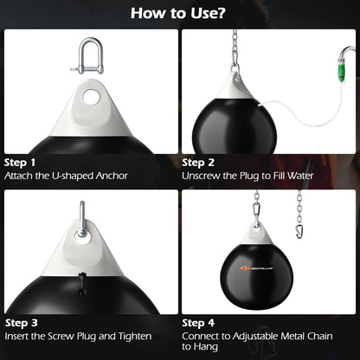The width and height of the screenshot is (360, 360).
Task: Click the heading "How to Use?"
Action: click(x=179, y=13)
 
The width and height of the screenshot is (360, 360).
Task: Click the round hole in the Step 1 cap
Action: click(x=90, y=97)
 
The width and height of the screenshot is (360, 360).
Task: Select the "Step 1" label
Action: click(x=20, y=162)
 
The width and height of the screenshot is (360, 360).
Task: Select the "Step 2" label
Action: click(x=199, y=162)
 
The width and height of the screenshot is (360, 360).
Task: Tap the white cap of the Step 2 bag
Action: click(x=235, y=84)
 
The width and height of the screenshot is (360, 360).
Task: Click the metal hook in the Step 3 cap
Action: click(x=81, y=217)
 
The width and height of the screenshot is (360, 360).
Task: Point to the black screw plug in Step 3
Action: click(x=83, y=283)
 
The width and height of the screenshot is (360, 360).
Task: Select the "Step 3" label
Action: click(x=20, y=321)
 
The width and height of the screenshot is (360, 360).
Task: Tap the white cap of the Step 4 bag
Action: click(x=257, y=236)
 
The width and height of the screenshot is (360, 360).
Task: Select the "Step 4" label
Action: click(x=199, y=321)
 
